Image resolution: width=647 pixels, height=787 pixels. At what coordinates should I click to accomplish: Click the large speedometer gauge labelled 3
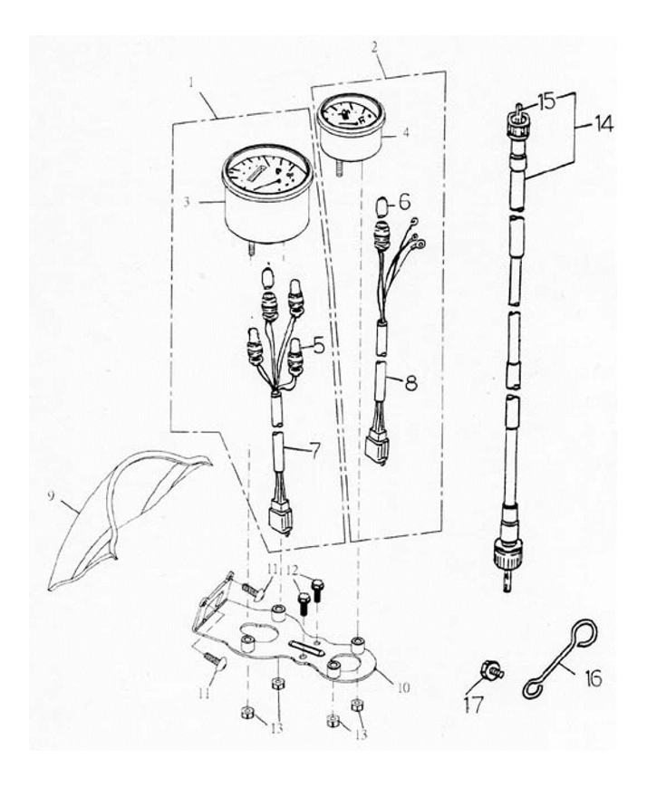pyautogui.click(x=266, y=193)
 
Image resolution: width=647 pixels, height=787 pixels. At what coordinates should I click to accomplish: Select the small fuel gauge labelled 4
pyautogui.click(x=350, y=127)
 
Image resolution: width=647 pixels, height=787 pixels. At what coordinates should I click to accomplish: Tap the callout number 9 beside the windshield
pyautogui.click(x=51, y=496)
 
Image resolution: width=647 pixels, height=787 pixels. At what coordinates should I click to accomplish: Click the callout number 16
pyautogui.click(x=594, y=678)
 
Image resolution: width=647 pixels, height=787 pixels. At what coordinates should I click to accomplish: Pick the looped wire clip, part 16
pyautogui.click(x=560, y=658)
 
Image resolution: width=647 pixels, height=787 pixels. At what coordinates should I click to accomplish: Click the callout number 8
pyautogui.click(x=410, y=382)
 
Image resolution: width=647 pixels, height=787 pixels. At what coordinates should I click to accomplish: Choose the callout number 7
pyautogui.click(x=313, y=451)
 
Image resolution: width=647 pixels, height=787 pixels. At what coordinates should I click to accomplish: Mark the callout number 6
pyautogui.click(x=405, y=202)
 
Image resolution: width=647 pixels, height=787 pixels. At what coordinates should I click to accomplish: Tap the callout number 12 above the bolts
pyautogui.click(x=293, y=571)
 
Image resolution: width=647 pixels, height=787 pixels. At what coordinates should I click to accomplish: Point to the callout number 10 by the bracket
pyautogui.click(x=403, y=687)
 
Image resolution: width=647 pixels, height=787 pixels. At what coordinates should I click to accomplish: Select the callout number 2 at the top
pyautogui.click(x=374, y=47)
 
